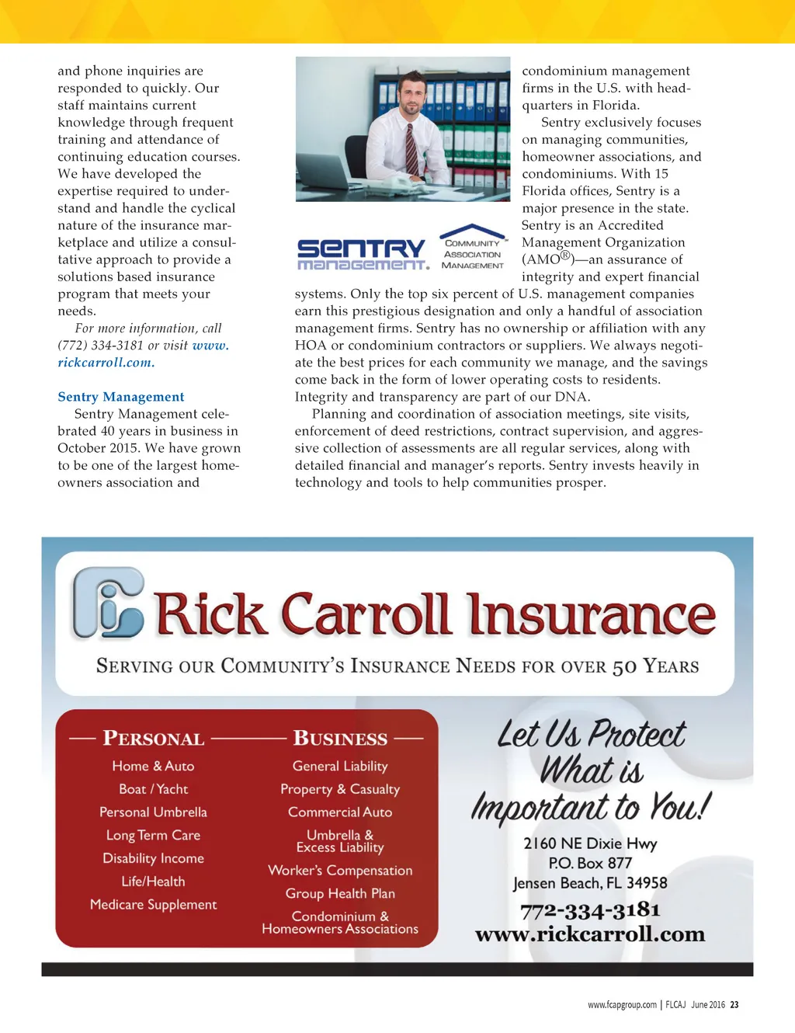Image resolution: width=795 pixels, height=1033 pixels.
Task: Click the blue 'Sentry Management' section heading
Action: pyautogui.click(x=120, y=397)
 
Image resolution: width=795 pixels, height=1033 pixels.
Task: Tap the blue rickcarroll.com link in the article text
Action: pyautogui.click(x=106, y=363)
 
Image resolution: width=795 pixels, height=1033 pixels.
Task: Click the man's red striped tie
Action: pyautogui.click(x=411, y=149)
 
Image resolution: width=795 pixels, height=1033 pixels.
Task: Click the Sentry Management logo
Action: pyautogui.click(x=363, y=254)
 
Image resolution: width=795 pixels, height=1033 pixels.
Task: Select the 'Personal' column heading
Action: pyautogui.click(x=154, y=739)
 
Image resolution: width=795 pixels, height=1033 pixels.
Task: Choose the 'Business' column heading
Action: pyautogui.click(x=340, y=739)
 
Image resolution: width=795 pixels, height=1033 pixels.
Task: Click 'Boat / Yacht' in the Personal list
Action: pyautogui.click(x=154, y=789)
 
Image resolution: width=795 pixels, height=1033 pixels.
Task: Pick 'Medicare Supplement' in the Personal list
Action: pyautogui.click(x=154, y=905)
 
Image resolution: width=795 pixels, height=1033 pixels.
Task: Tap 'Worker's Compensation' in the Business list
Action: pyautogui.click(x=340, y=871)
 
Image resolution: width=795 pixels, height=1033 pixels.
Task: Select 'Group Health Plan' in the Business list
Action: pyautogui.click(x=340, y=894)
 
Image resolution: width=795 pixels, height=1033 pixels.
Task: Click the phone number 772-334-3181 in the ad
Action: pyautogui.click(x=590, y=910)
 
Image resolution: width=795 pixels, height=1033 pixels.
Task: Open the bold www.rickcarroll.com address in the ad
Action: pyautogui.click(x=590, y=934)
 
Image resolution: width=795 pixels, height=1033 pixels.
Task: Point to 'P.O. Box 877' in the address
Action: pyautogui.click(x=590, y=863)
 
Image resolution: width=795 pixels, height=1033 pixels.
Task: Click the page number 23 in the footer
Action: pyautogui.click(x=734, y=1005)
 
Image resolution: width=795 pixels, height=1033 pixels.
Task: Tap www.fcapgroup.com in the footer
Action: pyautogui.click(x=622, y=1005)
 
